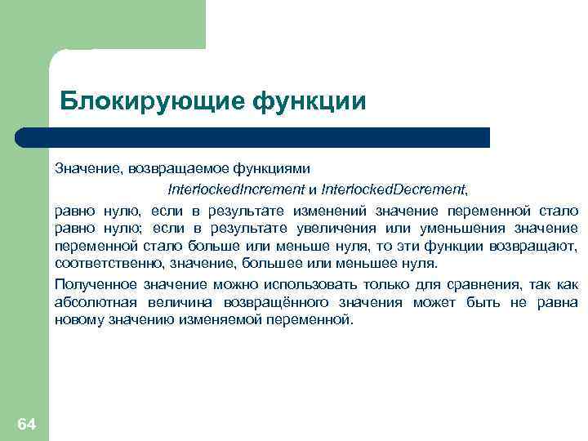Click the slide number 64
(x=26, y=424)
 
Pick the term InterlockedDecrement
(x=394, y=189)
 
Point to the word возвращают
(x=537, y=246)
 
